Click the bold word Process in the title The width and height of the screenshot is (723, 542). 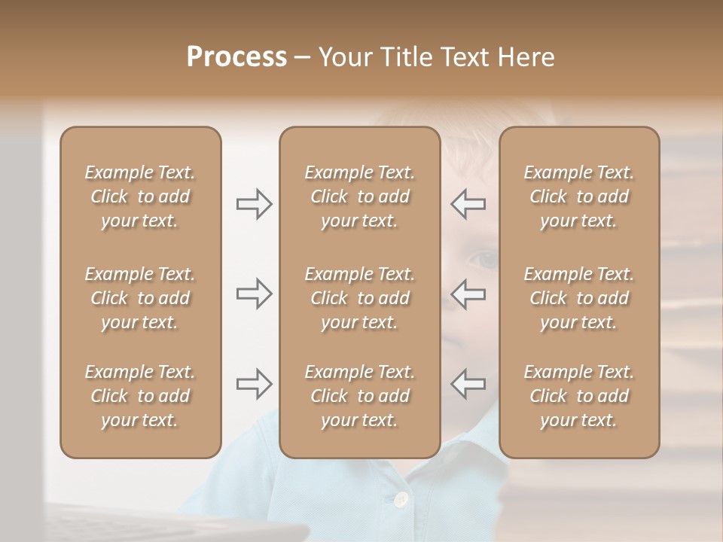pos(236,57)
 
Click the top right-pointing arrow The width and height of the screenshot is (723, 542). pos(254,204)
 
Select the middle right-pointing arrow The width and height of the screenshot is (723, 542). pos(254,294)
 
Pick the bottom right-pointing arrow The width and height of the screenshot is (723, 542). pos(254,384)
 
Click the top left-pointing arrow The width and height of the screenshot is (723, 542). pos(468,204)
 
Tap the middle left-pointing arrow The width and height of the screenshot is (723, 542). pos(468,294)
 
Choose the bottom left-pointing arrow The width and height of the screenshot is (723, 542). pos(468,384)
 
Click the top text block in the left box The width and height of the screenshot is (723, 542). pos(140,196)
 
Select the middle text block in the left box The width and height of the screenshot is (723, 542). pos(140,298)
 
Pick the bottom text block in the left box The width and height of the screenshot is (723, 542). pos(140,396)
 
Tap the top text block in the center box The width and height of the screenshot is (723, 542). pos(360,196)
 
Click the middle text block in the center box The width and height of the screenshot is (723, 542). pos(360,298)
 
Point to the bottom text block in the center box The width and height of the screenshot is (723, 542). pos(360,396)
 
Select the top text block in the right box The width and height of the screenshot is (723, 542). pos(579,196)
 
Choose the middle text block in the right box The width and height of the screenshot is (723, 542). pos(579,298)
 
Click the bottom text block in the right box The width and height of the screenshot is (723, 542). pos(579,396)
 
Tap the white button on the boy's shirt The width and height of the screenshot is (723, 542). pos(401,498)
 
